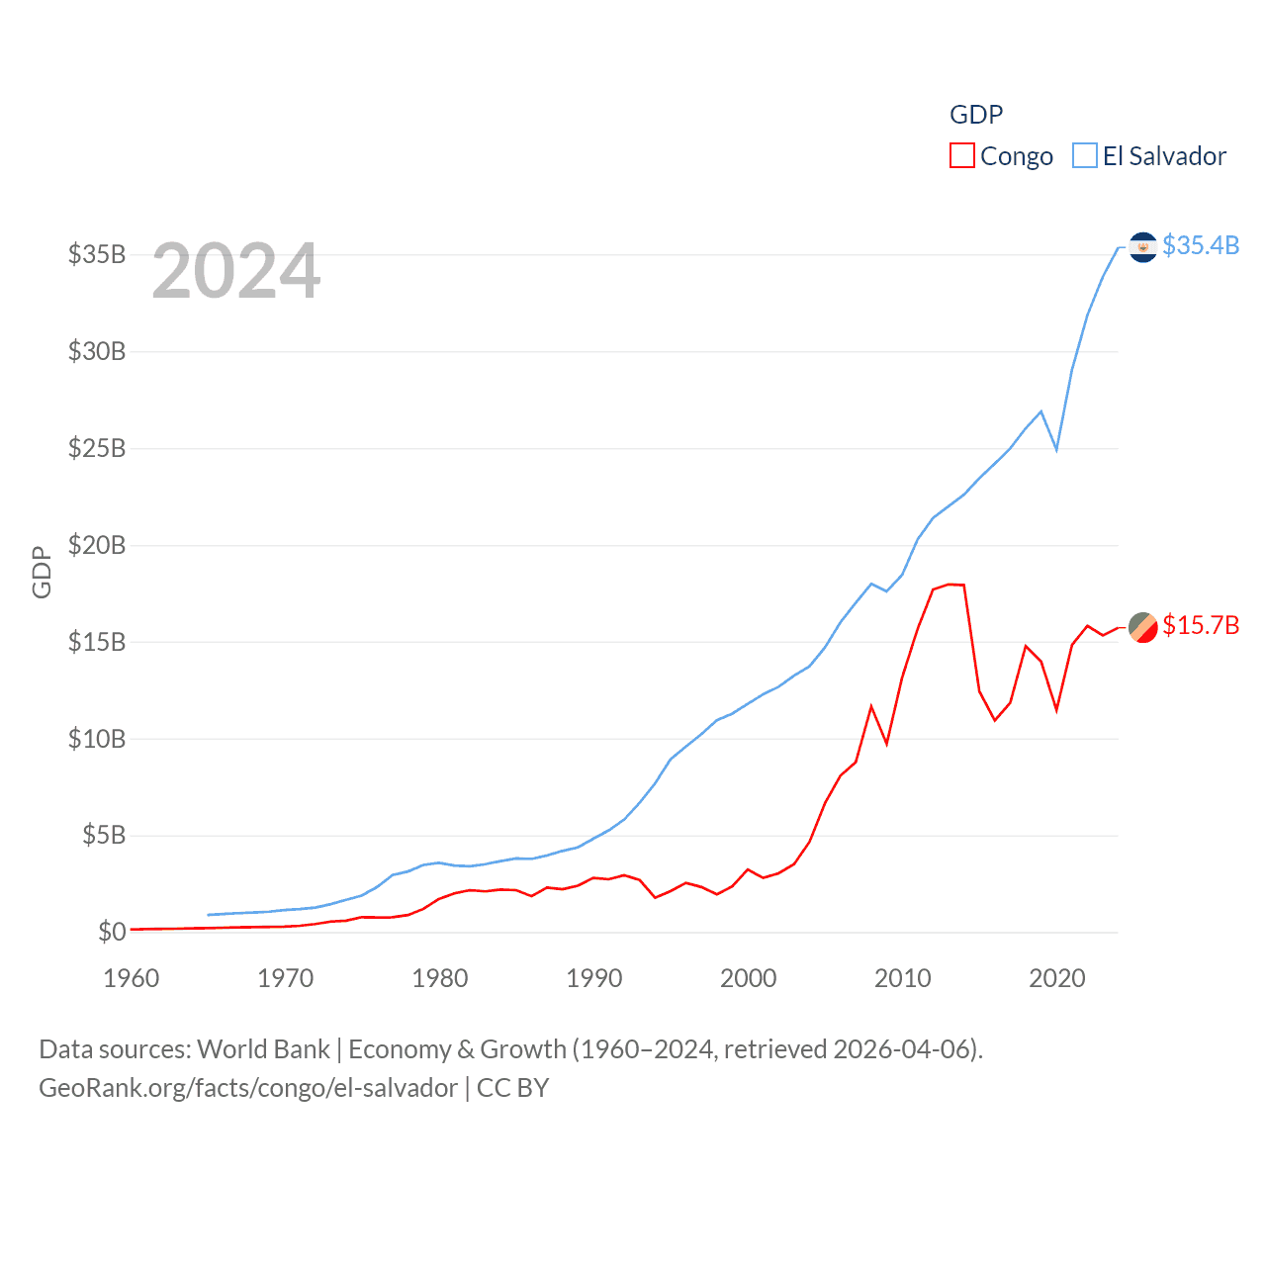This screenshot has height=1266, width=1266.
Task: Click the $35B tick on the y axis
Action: pos(97,254)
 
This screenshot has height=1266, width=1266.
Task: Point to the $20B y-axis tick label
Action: pos(97,545)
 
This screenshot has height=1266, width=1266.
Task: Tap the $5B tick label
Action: pos(103,835)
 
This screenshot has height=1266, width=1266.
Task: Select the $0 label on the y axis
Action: pos(112,932)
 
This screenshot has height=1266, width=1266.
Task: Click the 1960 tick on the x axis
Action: pos(131,978)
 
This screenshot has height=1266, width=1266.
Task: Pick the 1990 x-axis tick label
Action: pos(593,978)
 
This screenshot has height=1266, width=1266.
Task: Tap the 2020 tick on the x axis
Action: pos(1056,978)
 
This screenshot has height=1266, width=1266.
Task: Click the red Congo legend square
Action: pos(961,156)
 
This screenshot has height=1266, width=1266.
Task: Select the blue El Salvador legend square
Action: pos(1085,156)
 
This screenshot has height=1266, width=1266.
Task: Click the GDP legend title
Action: pos(976,115)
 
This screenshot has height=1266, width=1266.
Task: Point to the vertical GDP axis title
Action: pos(42,572)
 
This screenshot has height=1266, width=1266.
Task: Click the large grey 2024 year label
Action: pos(235,271)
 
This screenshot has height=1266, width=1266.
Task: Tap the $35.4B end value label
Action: pos(1201,245)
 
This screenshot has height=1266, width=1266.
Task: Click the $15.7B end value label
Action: pos(1201,625)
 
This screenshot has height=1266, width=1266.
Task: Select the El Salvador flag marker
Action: pos(1142,246)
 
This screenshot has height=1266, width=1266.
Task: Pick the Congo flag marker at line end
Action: pos(1142,627)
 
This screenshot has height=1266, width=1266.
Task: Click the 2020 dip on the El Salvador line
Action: pos(1056,449)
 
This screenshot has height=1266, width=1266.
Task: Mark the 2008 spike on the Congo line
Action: pos(871,706)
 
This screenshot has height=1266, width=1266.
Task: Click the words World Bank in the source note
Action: pos(263,1048)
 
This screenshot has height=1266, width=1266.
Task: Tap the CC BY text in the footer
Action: pos(512,1088)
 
